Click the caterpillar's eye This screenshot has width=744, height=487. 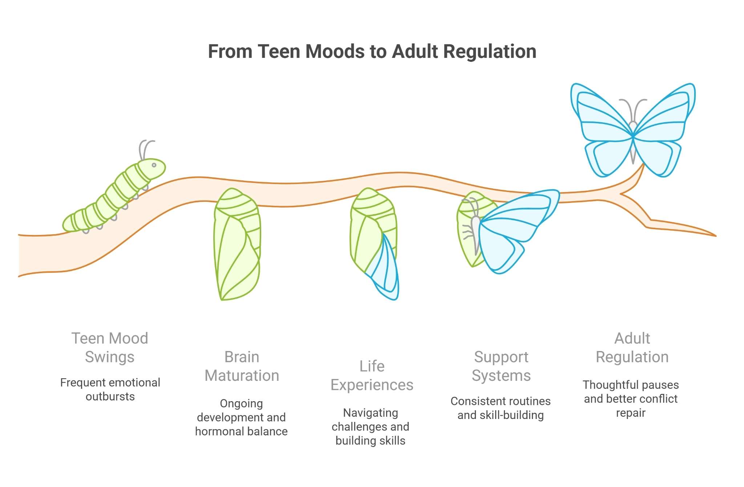pos(154,165)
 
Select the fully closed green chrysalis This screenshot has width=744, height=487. pos(237,244)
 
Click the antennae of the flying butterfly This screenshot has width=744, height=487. pos(633,107)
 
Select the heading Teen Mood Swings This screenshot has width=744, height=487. pos(110,347)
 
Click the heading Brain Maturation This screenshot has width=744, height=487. pos(242,366)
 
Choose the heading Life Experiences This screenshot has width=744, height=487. pos(372,375)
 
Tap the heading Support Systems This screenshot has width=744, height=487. pos(501,366)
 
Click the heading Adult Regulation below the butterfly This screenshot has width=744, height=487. pos(632,347)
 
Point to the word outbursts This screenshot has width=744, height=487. pos(110,396)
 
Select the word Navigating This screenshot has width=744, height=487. pos(371,413)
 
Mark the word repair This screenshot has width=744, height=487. pos(631,413)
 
